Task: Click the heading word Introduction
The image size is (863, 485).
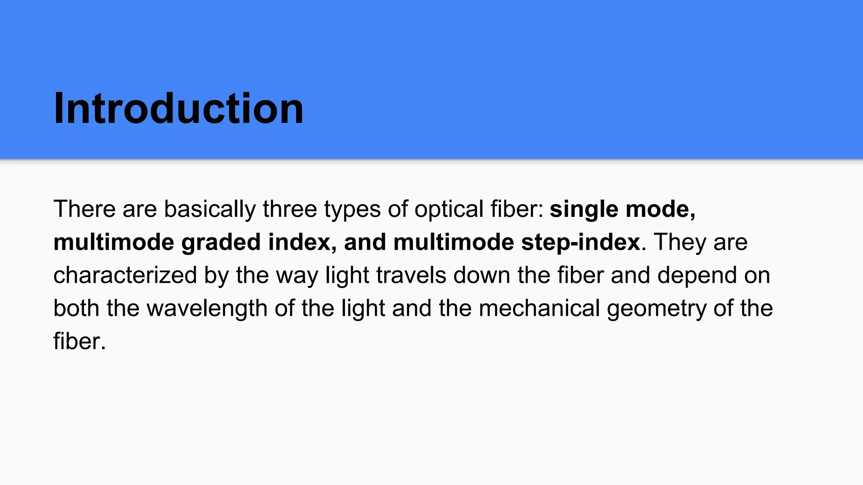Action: click(178, 109)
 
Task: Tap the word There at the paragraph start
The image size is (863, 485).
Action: click(84, 209)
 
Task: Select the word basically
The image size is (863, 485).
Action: click(209, 209)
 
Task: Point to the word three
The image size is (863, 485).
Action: click(289, 209)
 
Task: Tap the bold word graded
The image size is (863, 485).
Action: click(221, 242)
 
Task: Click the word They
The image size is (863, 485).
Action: click(674, 242)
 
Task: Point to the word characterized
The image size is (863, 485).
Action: click(125, 275)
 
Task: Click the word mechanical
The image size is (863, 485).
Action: click(539, 308)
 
